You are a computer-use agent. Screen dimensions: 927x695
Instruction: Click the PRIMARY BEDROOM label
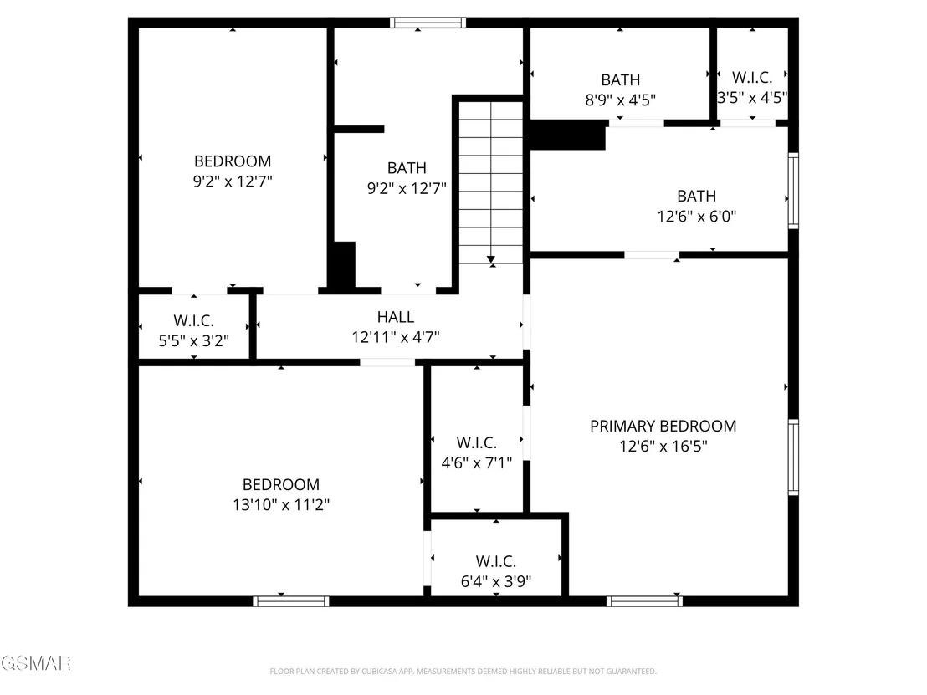coord(663,426)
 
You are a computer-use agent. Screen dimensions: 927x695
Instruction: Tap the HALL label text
coord(396,317)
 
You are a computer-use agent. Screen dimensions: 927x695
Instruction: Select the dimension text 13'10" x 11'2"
coord(281,504)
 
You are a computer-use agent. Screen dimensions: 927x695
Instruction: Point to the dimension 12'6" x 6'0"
coord(696,217)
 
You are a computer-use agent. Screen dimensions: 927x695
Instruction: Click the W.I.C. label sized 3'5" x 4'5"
coord(752,78)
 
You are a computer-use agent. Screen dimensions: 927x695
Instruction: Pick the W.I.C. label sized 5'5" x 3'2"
coord(193,321)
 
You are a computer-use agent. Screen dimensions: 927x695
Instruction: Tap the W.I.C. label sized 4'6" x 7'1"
coord(477,442)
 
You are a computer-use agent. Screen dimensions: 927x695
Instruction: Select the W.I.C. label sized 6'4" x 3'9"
coord(496,561)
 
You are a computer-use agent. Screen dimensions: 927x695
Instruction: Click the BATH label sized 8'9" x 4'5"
coord(620,79)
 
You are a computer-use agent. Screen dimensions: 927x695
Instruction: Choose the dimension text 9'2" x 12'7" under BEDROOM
coord(233,181)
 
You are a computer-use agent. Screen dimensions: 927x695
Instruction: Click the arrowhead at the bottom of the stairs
coord(491,259)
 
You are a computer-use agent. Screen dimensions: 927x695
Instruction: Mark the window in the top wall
coord(428,23)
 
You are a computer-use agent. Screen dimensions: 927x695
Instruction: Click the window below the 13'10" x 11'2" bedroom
coord(291,601)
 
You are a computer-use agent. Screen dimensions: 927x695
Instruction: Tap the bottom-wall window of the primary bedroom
coord(644,601)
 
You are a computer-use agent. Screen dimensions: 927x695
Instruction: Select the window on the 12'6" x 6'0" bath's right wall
coord(793,191)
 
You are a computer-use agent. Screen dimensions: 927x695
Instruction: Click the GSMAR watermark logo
coord(35,663)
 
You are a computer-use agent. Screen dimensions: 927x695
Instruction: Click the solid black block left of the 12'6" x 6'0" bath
coord(567,135)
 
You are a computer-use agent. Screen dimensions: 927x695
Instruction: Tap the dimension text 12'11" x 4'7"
coord(396,337)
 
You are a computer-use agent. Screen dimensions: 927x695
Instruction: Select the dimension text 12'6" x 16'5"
coord(663,447)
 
